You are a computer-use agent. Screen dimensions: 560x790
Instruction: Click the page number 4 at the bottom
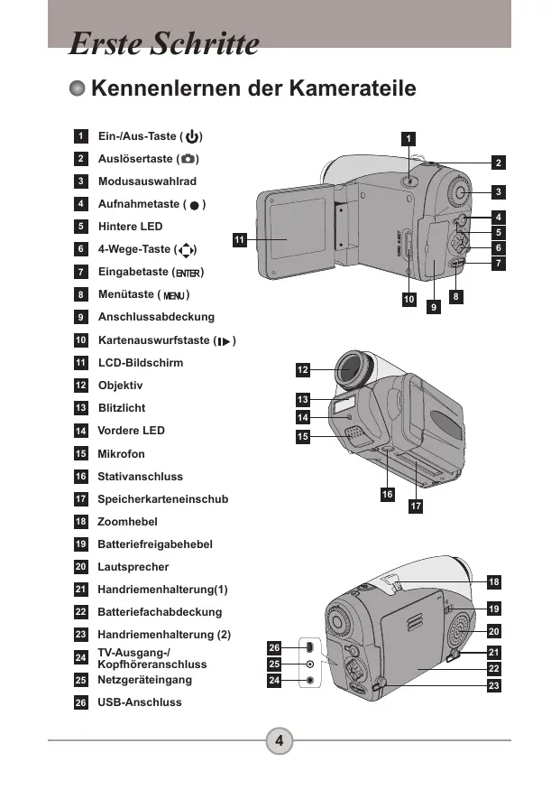280,740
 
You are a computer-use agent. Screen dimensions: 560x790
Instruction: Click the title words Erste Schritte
163,43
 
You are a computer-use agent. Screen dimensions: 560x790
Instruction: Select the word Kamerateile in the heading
353,88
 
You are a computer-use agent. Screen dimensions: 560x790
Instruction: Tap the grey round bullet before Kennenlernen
77,88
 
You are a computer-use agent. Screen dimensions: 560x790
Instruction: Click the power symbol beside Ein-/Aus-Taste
192,136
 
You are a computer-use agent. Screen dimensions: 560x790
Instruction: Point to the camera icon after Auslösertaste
188,159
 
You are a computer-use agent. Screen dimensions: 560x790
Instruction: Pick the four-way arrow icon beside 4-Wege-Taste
186,250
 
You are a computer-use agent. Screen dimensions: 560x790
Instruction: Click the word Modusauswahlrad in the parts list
147,181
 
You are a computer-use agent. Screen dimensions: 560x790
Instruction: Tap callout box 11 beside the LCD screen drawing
240,240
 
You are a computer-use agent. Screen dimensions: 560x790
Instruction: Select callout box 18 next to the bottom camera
494,582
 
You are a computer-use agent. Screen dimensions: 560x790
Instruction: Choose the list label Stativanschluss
140,477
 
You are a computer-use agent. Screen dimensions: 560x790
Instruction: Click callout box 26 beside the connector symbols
274,647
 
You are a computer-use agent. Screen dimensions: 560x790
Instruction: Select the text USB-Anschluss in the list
140,702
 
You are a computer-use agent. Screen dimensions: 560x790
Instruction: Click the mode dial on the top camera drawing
459,192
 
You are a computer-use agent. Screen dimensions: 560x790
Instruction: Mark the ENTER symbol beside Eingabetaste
188,273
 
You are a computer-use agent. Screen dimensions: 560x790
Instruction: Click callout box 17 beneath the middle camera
416,506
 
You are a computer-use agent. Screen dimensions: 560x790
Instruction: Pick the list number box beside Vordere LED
81,431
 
